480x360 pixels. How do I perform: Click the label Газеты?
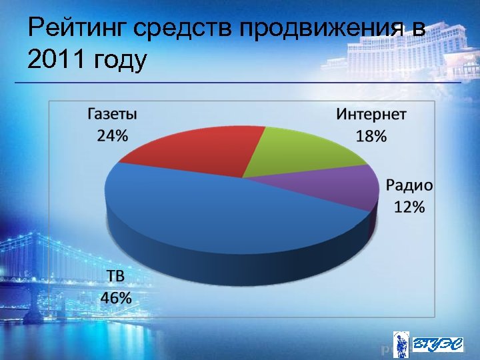point(113,113)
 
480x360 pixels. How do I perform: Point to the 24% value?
point(113,135)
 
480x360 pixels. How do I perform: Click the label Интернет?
point(371,113)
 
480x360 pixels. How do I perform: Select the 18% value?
point(371,136)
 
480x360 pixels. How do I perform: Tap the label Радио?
point(409,185)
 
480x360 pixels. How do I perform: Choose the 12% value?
point(409,207)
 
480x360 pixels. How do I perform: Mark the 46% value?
point(115,297)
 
